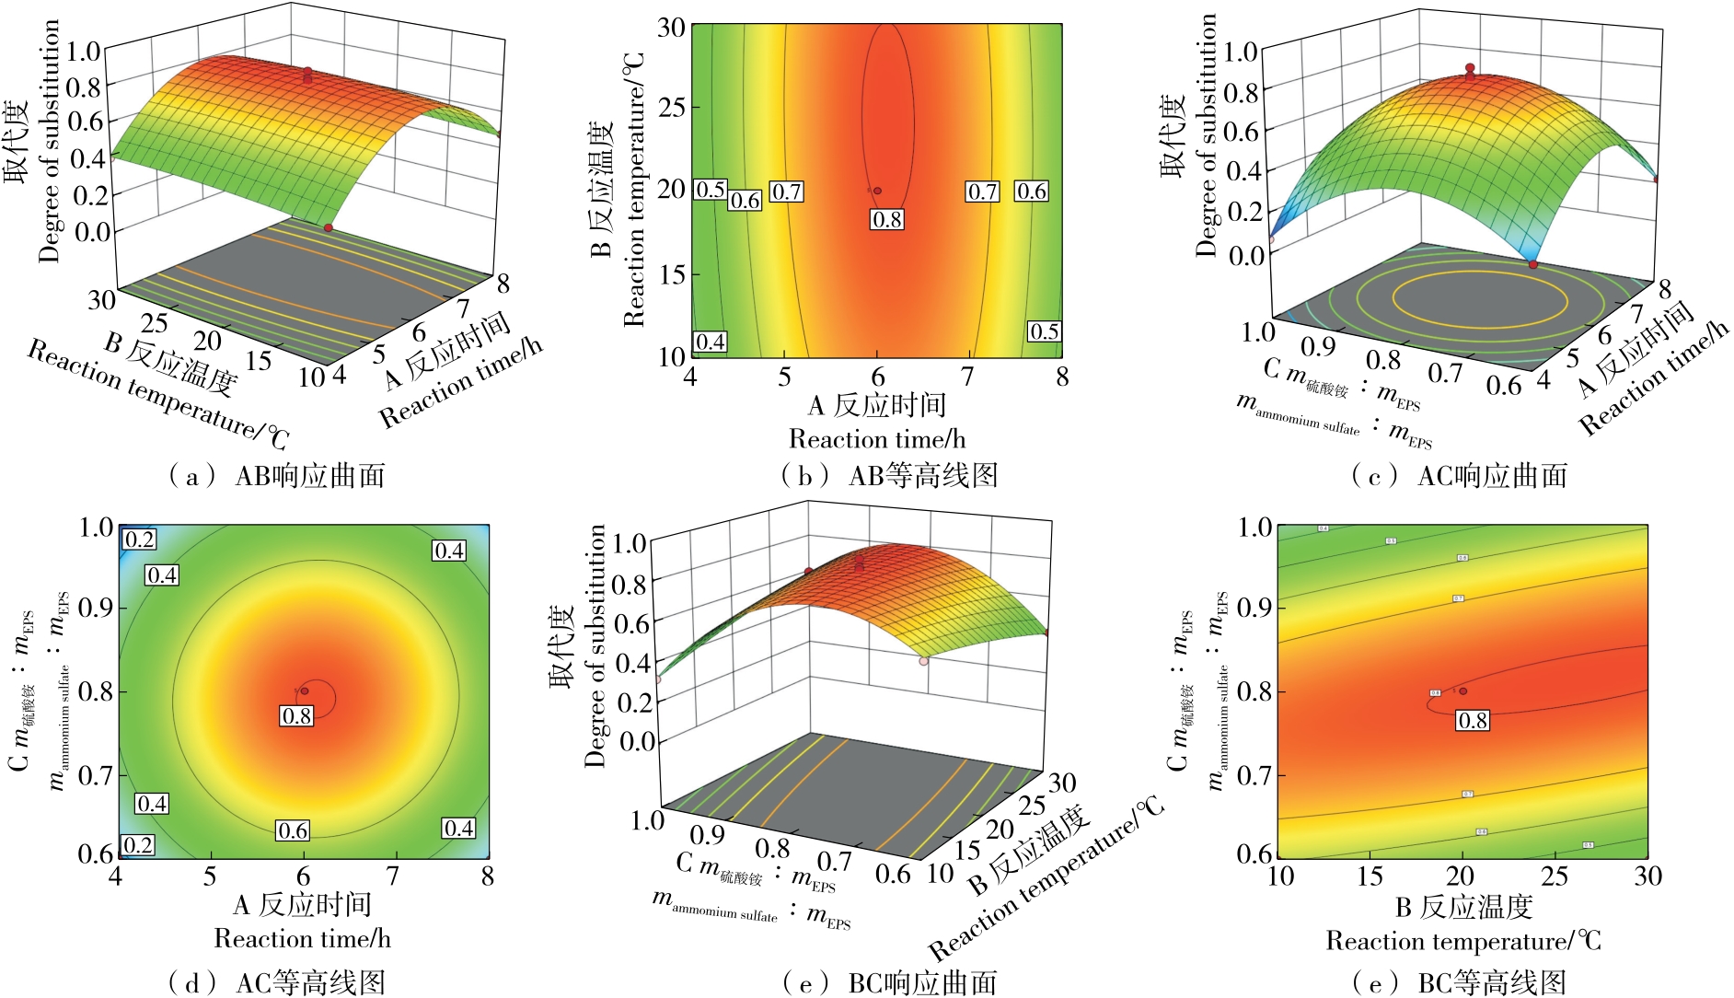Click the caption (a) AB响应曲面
tap(273, 476)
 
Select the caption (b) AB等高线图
tap(889, 476)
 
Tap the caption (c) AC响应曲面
tap(1459, 476)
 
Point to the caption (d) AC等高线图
tap(273, 982)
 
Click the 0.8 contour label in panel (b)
tap(887, 219)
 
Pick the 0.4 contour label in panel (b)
tap(710, 342)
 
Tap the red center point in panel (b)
tap(877, 191)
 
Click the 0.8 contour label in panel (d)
tap(296, 715)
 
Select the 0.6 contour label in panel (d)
tap(293, 830)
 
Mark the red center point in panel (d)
tap(305, 690)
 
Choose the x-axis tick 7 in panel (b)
tap(967, 377)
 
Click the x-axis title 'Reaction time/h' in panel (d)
tap(302, 939)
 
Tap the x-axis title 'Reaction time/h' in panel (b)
tap(876, 439)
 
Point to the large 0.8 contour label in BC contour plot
tap(1472, 720)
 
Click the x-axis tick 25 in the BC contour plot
tap(1555, 876)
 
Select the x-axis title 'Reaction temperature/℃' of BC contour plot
tap(1463, 942)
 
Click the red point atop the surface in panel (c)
tap(1470, 68)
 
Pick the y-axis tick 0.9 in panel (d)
tap(96, 609)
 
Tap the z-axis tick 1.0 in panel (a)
tap(83, 51)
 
